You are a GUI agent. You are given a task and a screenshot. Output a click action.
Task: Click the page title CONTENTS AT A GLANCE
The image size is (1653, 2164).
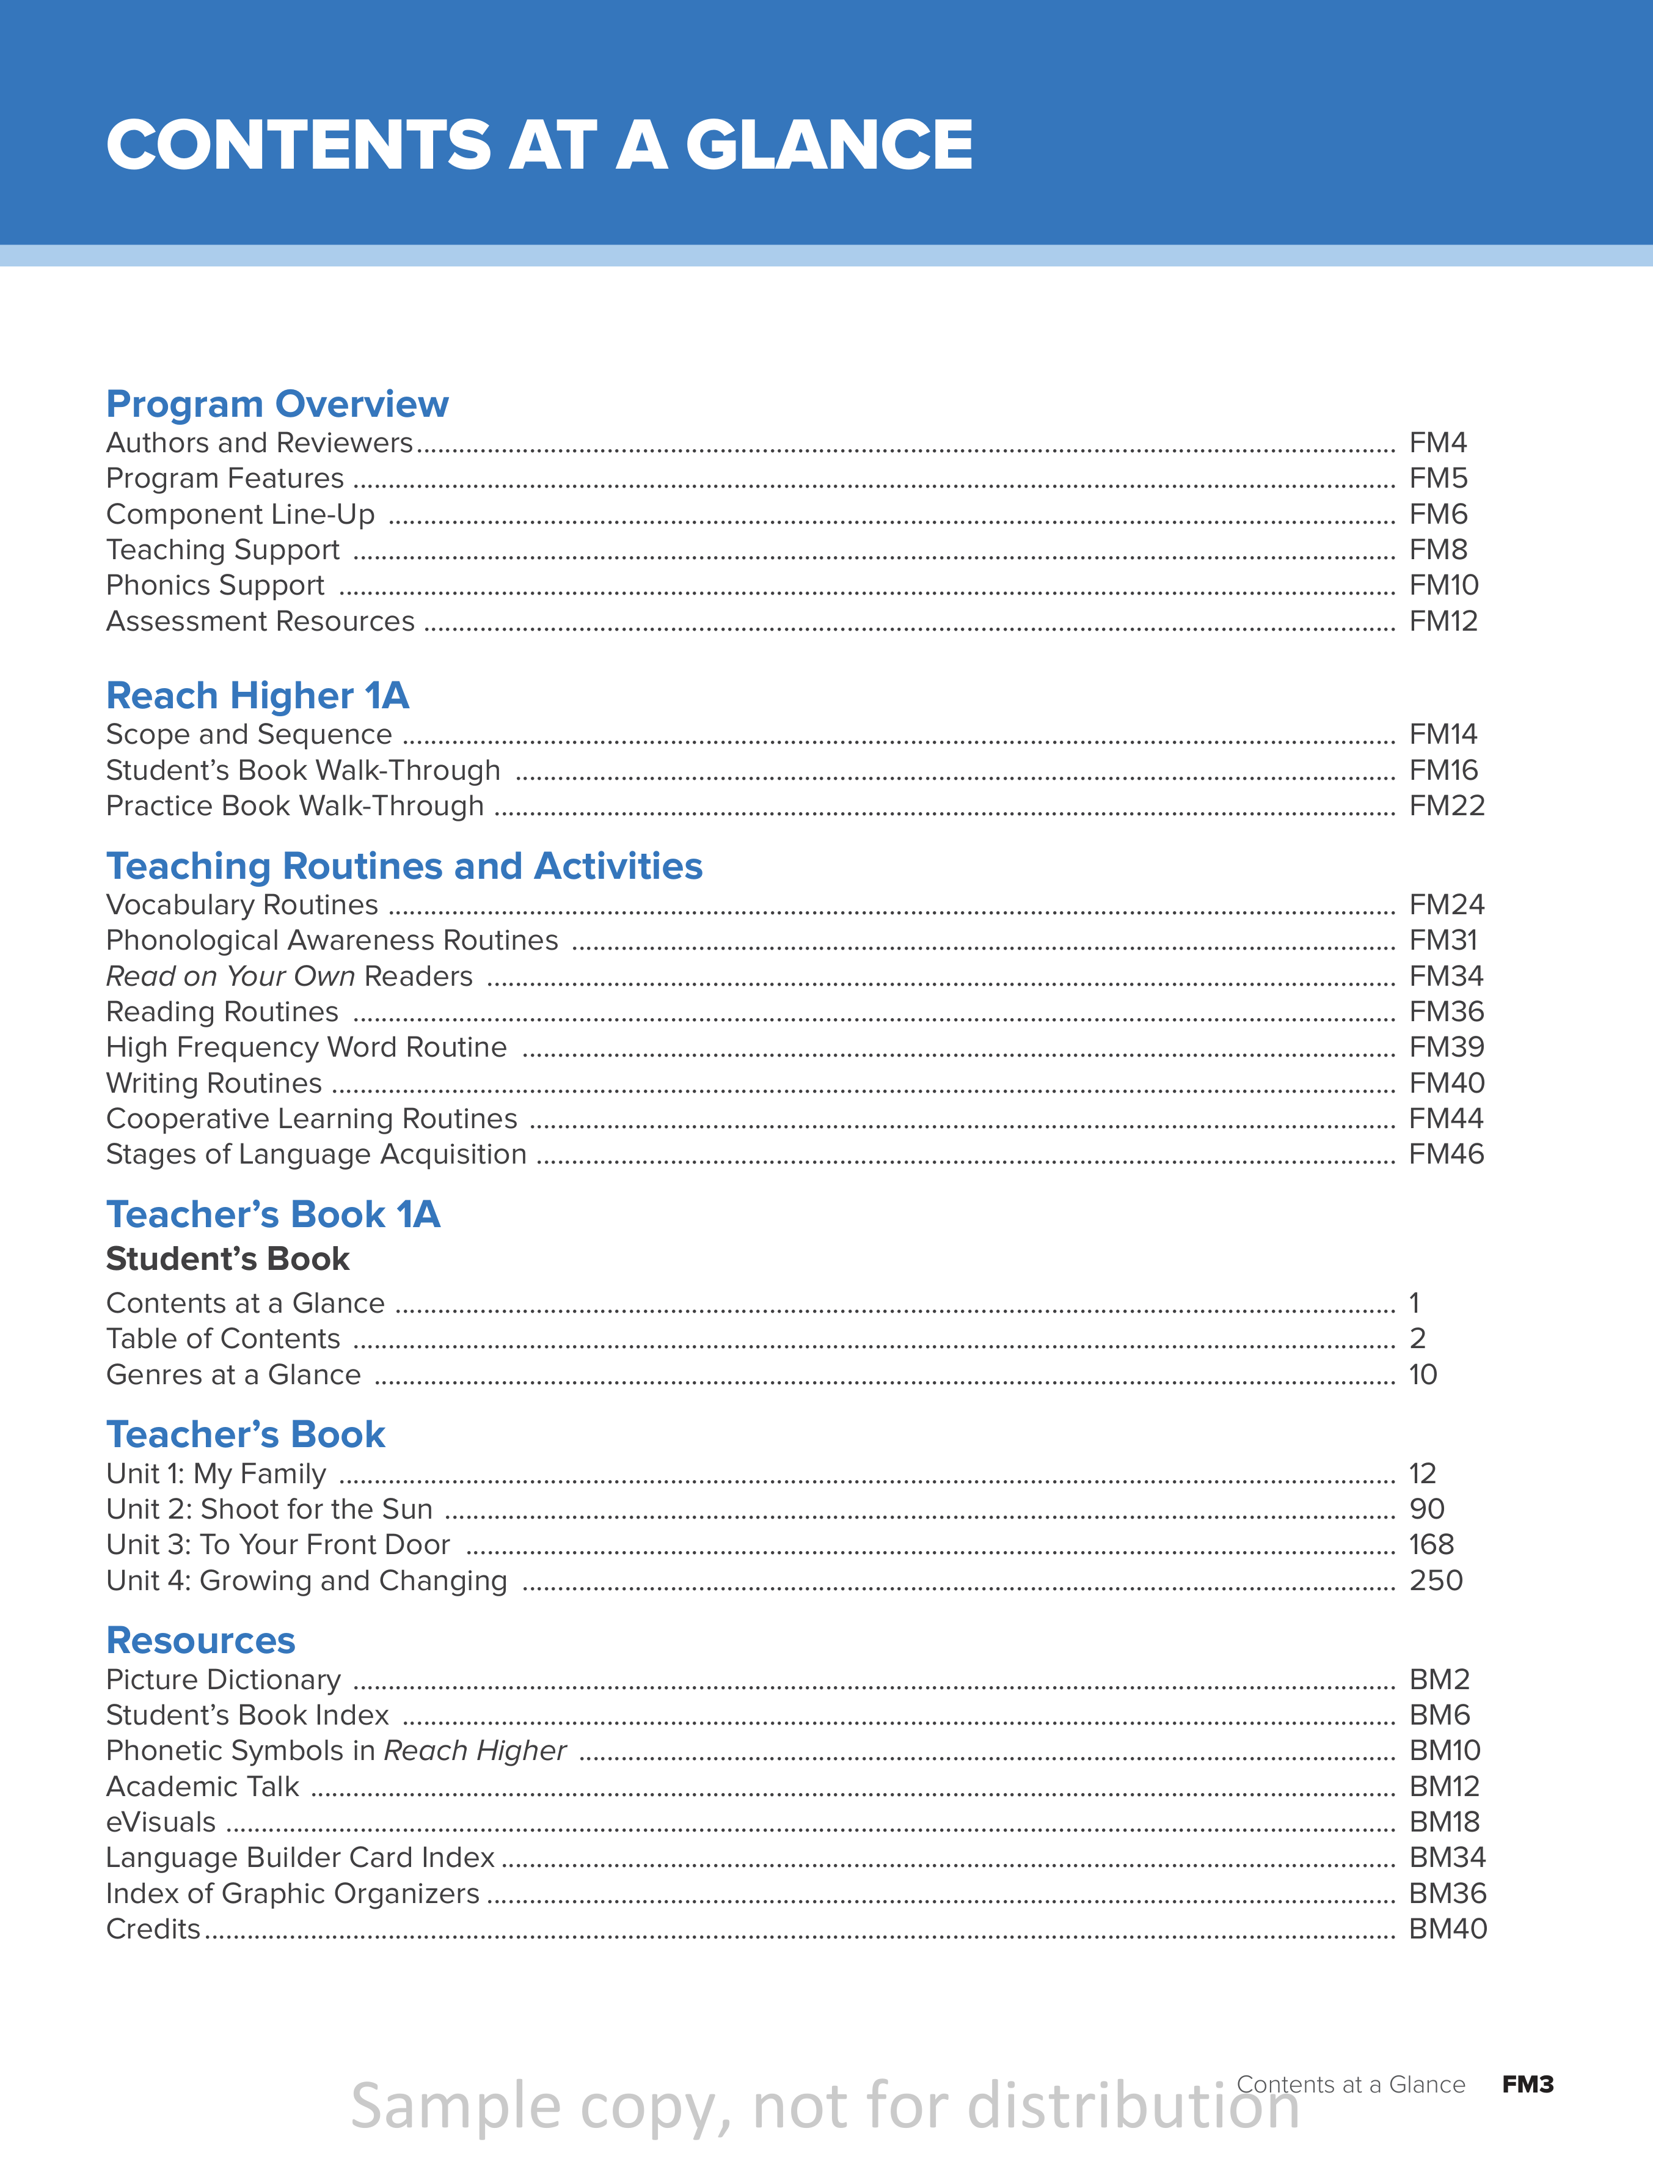pyautogui.click(x=539, y=145)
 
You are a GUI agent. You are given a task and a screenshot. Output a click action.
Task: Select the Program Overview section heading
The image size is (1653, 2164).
pyautogui.click(x=277, y=405)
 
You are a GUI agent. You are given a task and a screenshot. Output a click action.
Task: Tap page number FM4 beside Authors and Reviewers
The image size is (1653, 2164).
pyautogui.click(x=1437, y=443)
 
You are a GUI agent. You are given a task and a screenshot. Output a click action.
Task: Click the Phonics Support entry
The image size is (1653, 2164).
pyautogui.click(x=214, y=585)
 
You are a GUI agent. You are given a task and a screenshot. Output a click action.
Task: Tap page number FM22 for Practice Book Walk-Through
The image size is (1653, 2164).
pyautogui.click(x=1447, y=806)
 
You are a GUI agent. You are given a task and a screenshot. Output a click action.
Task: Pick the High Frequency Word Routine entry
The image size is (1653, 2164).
pyautogui.click(x=306, y=1047)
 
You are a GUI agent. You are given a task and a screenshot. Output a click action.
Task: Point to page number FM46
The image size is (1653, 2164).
pyautogui.click(x=1445, y=1154)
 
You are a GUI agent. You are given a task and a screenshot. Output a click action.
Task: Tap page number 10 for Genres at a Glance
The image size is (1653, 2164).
pyautogui.click(x=1423, y=1375)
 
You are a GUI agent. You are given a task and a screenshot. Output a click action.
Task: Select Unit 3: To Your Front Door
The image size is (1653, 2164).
pyautogui.click(x=277, y=1545)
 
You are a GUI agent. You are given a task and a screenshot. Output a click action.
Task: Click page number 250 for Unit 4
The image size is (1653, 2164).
pyautogui.click(x=1436, y=1580)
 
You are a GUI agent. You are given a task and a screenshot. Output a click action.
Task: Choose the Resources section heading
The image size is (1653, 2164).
pyautogui.click(x=201, y=1640)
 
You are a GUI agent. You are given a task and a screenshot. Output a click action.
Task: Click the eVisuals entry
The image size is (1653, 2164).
pyautogui.click(x=161, y=1822)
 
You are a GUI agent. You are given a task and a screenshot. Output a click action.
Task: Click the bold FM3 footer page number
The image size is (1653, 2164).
pyautogui.click(x=1527, y=2085)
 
